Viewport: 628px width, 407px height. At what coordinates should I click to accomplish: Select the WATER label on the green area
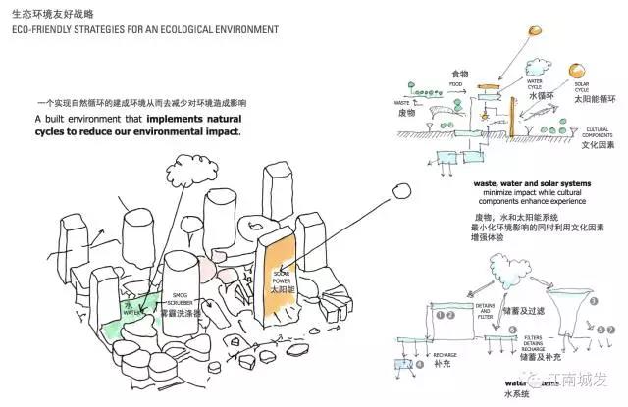point(130,313)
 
